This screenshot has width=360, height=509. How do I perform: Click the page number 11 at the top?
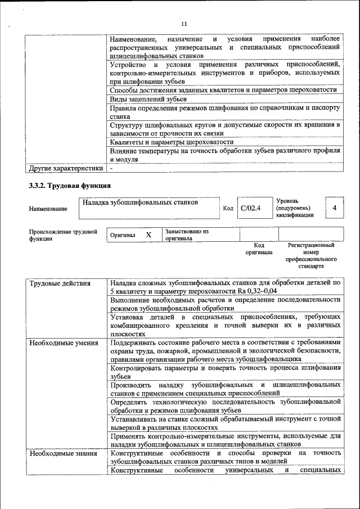[183, 24]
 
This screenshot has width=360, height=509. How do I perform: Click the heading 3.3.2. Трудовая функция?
[70, 186]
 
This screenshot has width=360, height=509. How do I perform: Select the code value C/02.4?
[249, 209]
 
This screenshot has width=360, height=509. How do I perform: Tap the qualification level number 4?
[334, 209]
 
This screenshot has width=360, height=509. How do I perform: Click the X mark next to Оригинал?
[148, 235]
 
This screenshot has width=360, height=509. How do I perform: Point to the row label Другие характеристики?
[66, 168]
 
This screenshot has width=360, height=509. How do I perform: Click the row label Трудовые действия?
[60, 283]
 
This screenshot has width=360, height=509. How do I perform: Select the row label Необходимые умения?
[64, 342]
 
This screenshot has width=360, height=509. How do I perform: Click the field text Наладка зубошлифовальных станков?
[139, 202]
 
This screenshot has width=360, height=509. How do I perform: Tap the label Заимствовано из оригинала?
[186, 235]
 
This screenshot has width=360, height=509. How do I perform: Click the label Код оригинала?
[259, 249]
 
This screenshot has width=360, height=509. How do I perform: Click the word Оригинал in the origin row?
[123, 235]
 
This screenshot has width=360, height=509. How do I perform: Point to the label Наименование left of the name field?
[48, 209]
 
